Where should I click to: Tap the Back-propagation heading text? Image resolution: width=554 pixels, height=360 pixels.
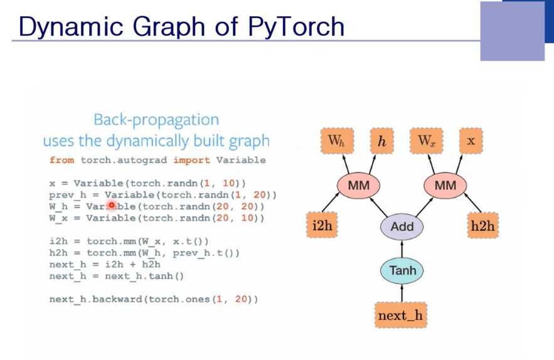(x=156, y=120)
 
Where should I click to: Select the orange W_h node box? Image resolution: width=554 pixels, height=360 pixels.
(x=336, y=141)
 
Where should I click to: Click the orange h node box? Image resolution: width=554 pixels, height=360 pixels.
(x=381, y=142)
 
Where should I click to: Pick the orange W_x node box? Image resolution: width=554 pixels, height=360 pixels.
(x=427, y=141)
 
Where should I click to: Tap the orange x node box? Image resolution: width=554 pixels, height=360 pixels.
(x=471, y=141)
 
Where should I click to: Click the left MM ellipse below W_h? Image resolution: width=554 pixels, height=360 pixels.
(x=358, y=186)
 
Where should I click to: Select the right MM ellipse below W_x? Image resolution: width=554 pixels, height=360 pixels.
(x=445, y=186)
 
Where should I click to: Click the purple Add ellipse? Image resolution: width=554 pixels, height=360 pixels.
(x=402, y=226)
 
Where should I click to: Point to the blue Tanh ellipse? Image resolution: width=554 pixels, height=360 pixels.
(x=402, y=271)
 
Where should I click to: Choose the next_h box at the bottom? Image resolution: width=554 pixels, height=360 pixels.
(x=400, y=315)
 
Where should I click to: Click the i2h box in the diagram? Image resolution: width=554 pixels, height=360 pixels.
(x=322, y=226)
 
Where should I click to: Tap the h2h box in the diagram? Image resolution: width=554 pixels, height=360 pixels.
(x=482, y=226)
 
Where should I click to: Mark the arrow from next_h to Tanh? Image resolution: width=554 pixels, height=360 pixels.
(x=402, y=293)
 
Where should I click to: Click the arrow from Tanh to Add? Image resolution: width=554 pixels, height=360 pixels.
(x=402, y=249)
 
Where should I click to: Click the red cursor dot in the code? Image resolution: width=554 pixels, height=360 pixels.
(x=112, y=206)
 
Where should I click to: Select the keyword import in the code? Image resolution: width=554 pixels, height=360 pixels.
(x=191, y=160)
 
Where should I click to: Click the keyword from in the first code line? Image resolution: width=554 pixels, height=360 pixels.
(x=61, y=160)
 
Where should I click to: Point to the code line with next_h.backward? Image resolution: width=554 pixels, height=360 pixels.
(x=153, y=299)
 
